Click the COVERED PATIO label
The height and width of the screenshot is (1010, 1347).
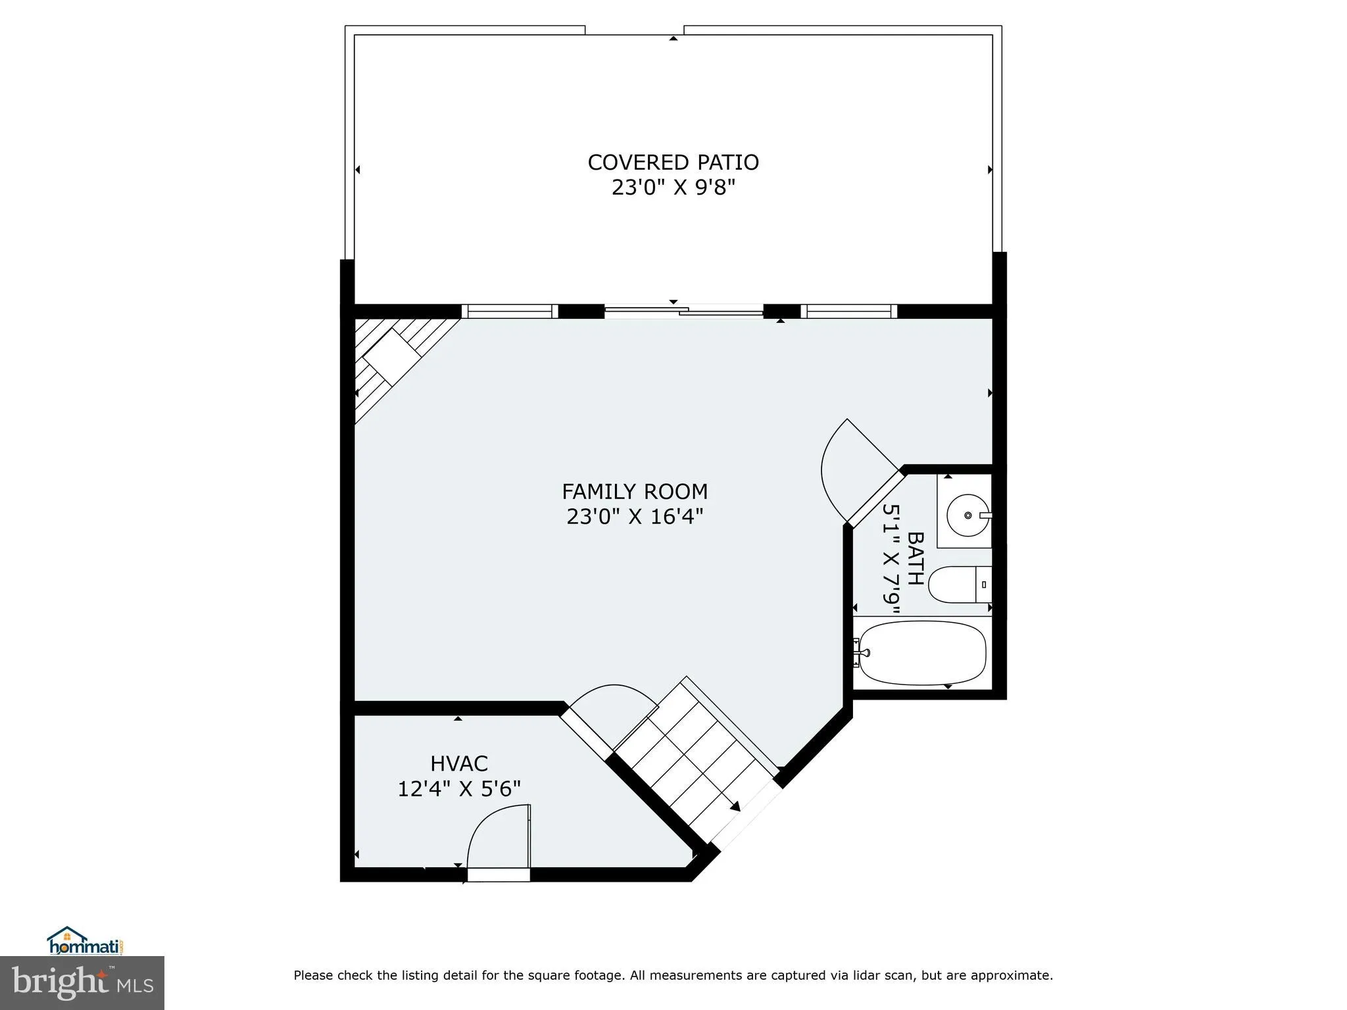(x=673, y=162)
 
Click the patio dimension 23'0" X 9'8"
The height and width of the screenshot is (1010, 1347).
(x=673, y=188)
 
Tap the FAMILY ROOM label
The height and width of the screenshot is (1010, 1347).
(x=634, y=492)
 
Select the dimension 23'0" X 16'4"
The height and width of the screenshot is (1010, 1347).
(x=634, y=517)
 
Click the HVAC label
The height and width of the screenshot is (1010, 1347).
(x=458, y=763)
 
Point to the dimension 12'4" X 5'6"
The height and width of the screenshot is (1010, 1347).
(x=458, y=789)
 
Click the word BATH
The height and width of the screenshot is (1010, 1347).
(x=915, y=558)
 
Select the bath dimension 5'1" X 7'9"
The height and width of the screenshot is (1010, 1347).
(x=891, y=558)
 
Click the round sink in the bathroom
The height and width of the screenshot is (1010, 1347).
(x=967, y=515)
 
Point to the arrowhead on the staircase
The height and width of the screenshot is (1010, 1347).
(x=735, y=806)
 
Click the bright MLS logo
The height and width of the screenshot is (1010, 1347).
(x=82, y=982)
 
